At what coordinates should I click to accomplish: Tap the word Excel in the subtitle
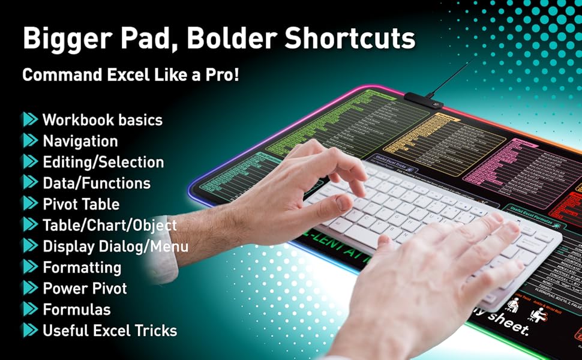point(127,76)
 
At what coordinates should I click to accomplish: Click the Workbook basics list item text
point(102,119)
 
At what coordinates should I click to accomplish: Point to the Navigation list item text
point(80,141)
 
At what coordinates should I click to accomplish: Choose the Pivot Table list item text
point(80,204)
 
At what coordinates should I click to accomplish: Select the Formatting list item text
point(82,267)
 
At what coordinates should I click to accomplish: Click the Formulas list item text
point(76,309)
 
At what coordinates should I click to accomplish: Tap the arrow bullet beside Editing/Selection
point(29,162)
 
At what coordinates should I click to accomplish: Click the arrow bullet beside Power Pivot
point(29,288)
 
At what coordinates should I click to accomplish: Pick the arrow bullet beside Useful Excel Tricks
point(29,330)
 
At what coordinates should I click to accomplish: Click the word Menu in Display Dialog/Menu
point(170,246)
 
